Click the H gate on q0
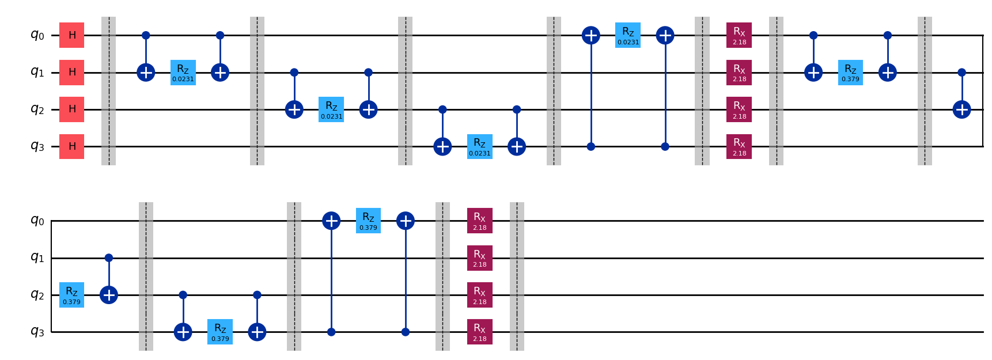tap(72, 35)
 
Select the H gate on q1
tap(72, 73)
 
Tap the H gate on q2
tap(72, 109)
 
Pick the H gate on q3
tap(72, 146)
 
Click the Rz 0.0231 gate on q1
tap(183, 73)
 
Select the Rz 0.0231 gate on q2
tap(331, 109)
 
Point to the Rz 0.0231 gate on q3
tap(479, 146)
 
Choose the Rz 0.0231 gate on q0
tap(628, 35)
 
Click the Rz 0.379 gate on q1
tap(850, 73)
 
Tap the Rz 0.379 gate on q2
tap(72, 295)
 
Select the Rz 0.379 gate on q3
tap(220, 332)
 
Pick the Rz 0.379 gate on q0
tap(368, 221)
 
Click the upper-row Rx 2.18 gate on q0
tap(739, 35)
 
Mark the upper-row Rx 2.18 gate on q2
tap(739, 109)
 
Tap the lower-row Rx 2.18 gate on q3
tap(479, 332)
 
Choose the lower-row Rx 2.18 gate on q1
tap(479, 258)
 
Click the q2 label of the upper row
tap(37, 109)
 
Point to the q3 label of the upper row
tap(37, 146)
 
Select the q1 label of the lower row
tap(37, 258)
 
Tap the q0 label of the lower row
tap(37, 221)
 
